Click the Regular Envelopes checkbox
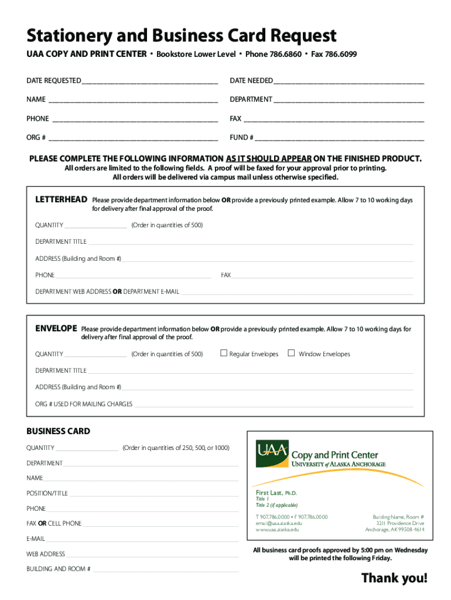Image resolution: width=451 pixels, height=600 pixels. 223,353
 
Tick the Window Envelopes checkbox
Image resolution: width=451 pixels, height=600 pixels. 291,353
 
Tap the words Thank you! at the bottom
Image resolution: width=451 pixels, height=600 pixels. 394,578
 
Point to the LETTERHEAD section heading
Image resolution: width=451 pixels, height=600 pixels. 61,200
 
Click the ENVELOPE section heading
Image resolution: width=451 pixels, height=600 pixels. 56,329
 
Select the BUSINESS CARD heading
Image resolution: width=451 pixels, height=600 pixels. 58,431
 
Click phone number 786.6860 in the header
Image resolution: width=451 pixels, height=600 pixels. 285,54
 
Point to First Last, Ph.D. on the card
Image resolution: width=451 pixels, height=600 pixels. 276,493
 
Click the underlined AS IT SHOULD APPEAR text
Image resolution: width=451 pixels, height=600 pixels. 268,159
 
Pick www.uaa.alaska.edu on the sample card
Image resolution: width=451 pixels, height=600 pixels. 277,530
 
